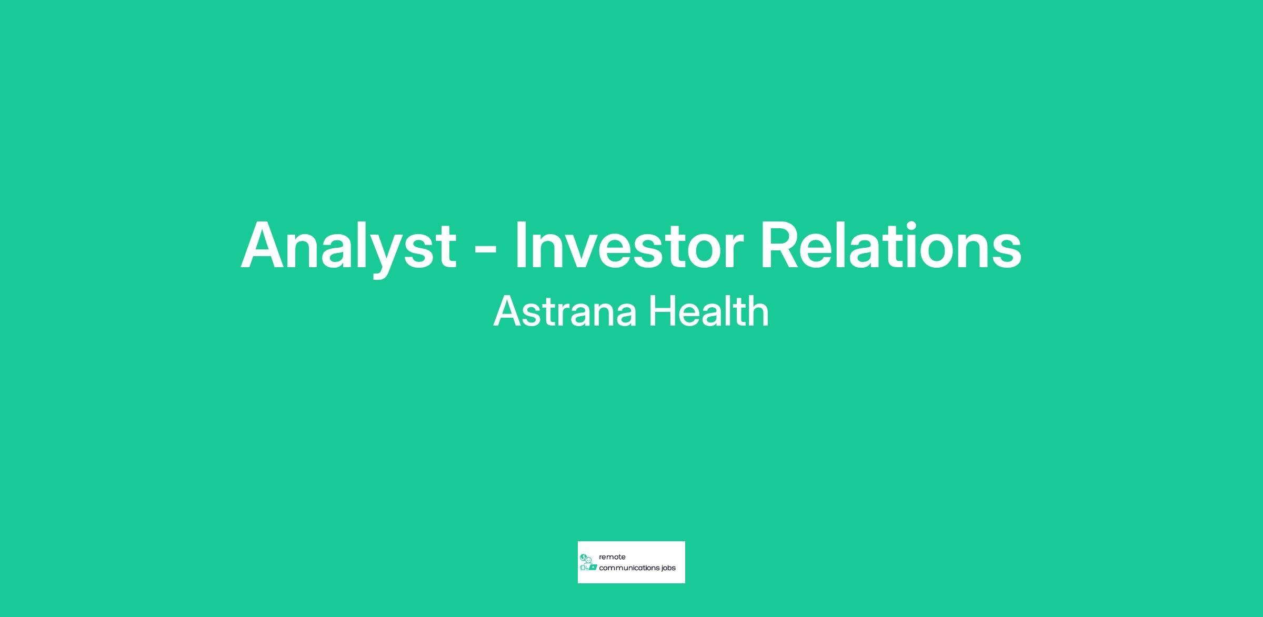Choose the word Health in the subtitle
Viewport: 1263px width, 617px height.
709,311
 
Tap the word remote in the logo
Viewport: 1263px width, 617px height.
612,557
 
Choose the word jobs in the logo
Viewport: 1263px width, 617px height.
669,569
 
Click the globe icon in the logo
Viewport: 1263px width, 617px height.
583,557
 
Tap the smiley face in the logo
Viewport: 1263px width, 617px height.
589,560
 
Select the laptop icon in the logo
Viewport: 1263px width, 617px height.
593,568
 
